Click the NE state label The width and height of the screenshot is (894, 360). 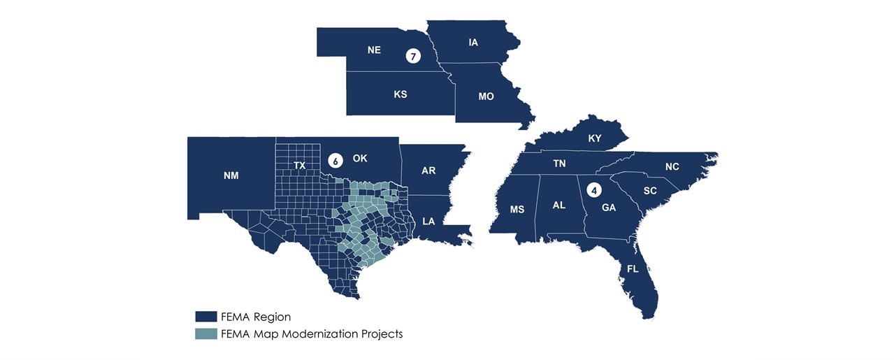coord(374,50)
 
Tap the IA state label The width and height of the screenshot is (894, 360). coord(473,43)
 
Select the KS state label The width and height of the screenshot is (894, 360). coord(401,94)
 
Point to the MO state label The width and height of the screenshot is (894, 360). coord(486,96)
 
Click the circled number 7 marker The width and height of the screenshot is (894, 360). coord(414,57)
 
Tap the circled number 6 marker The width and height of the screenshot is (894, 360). coord(336,161)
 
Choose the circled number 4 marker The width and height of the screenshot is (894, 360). coord(595,189)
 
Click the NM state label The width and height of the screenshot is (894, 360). coord(231,175)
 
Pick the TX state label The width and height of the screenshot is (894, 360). coord(299,166)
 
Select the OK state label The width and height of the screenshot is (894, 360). coord(360,159)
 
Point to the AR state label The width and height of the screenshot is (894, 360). coord(429,170)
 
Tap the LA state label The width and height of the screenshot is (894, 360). coord(429,221)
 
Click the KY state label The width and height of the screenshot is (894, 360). coord(595,138)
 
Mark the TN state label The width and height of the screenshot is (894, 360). coord(559,164)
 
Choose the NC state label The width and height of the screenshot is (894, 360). coord(672,166)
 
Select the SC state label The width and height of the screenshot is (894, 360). coord(650,190)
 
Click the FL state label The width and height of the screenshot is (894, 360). coord(633,269)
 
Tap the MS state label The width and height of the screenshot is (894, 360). coord(517,209)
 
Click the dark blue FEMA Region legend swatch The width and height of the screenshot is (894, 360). coord(206,317)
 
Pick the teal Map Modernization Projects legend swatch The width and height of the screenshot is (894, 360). coord(206,333)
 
